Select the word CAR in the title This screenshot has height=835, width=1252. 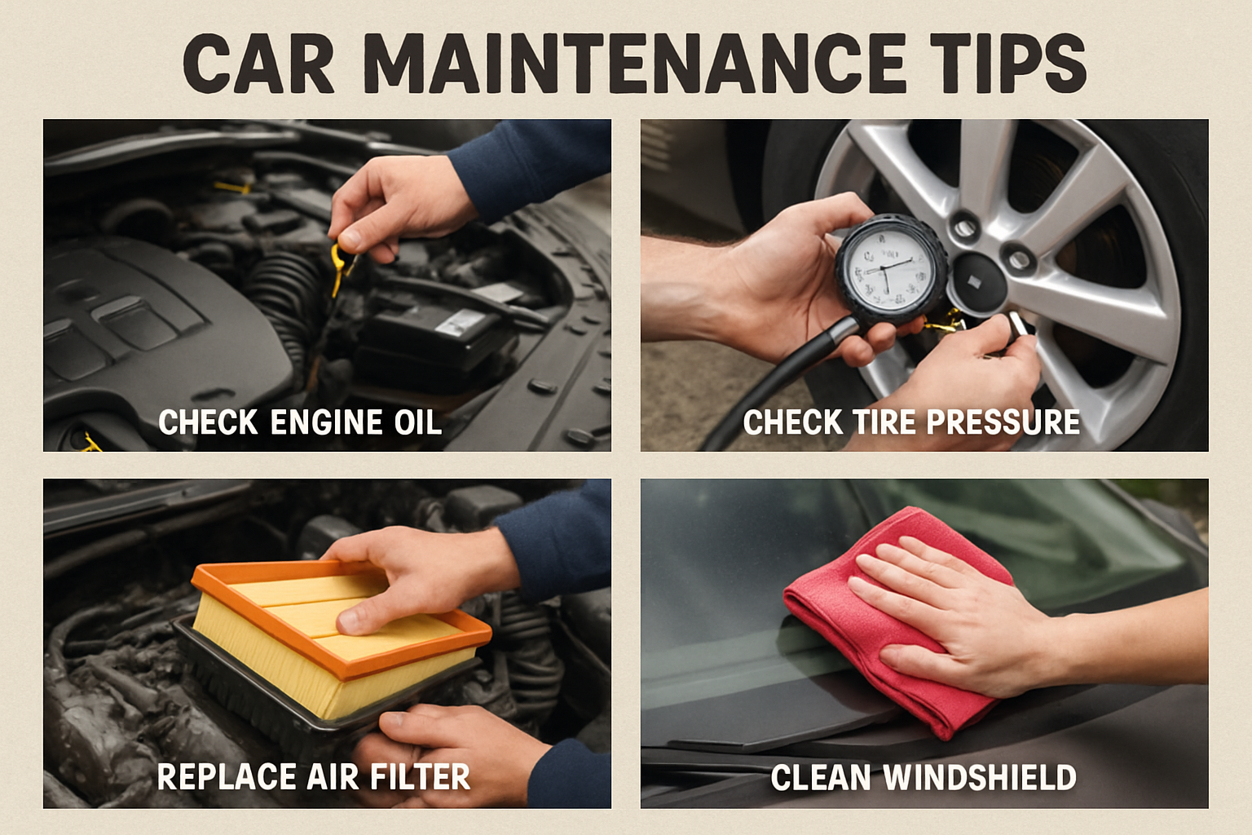(259, 63)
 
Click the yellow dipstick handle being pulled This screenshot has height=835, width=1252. (341, 267)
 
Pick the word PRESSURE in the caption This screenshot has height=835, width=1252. (1003, 422)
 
